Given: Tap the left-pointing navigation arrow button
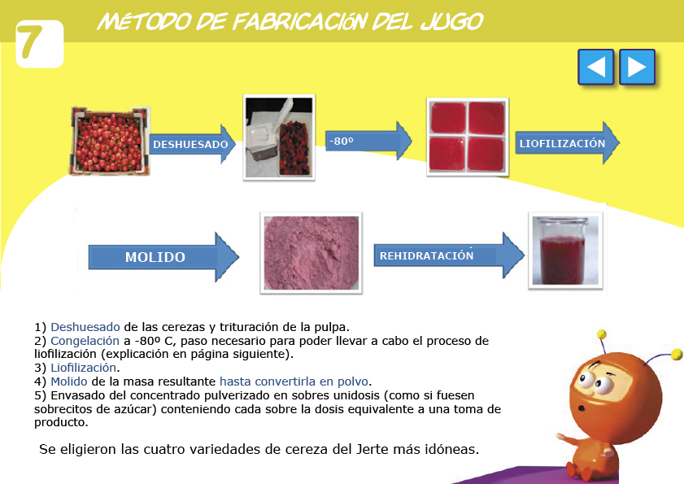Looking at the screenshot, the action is pos(596,67).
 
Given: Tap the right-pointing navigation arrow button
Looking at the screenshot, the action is pos(638,67).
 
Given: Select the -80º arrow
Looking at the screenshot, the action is pos(368,141).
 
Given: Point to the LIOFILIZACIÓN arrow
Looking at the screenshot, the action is pos(567,142).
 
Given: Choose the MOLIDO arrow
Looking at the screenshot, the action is pos(163,256).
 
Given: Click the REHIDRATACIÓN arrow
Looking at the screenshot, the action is pos(449,255).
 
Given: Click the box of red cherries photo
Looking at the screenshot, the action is pos(110,141).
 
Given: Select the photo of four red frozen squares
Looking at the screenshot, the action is pos(468,137).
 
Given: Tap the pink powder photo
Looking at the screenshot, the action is pos(311,253).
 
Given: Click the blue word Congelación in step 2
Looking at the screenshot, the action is pos(85,340).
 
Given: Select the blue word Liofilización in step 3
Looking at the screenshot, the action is pos(83,368).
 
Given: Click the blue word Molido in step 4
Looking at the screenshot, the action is pos(69,382).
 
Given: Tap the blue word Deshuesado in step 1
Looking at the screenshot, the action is pos(85,327).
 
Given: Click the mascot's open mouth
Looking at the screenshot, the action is pos(582,408).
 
